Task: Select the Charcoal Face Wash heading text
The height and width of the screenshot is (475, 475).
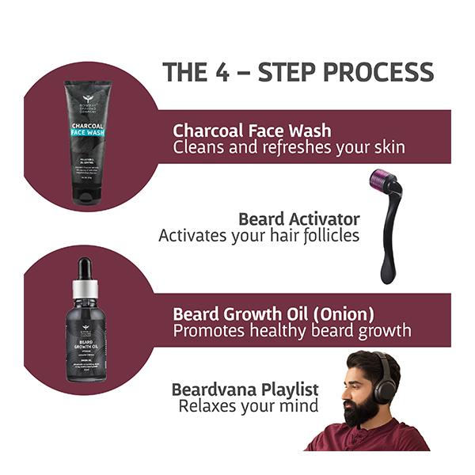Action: coord(252,130)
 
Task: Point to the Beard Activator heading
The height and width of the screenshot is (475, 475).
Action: coord(298,218)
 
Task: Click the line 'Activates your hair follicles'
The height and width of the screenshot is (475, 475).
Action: coord(259,236)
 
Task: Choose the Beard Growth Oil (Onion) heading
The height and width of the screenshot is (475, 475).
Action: coord(273,313)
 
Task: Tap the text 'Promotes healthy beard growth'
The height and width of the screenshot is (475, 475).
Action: coord(292,330)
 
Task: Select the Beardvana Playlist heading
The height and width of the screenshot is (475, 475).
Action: coord(245,389)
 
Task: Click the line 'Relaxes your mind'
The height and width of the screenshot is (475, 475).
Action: coord(249,406)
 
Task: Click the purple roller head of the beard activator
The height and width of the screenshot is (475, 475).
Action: coord(386,180)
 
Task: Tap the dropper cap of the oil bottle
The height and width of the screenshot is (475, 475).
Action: coord(85,277)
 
